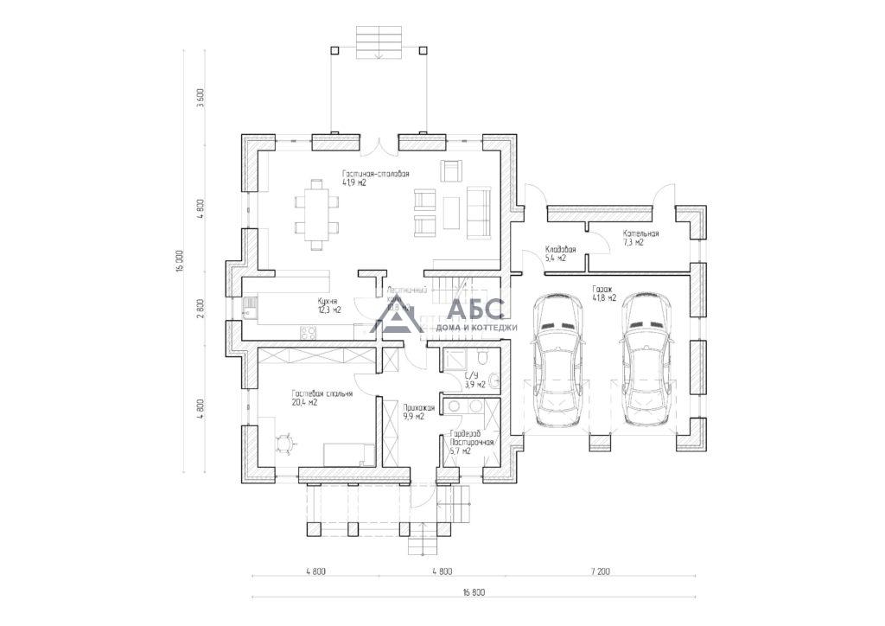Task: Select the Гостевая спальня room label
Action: click(x=322, y=398)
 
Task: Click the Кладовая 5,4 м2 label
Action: click(x=560, y=253)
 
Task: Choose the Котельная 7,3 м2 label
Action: click(x=640, y=238)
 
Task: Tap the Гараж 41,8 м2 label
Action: click(x=603, y=294)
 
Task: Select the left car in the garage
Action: click(x=561, y=360)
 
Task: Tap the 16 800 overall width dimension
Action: click(x=473, y=592)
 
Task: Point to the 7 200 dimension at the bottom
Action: click(x=601, y=572)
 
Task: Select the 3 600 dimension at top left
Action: click(x=201, y=95)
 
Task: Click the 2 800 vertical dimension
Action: click(x=201, y=310)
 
